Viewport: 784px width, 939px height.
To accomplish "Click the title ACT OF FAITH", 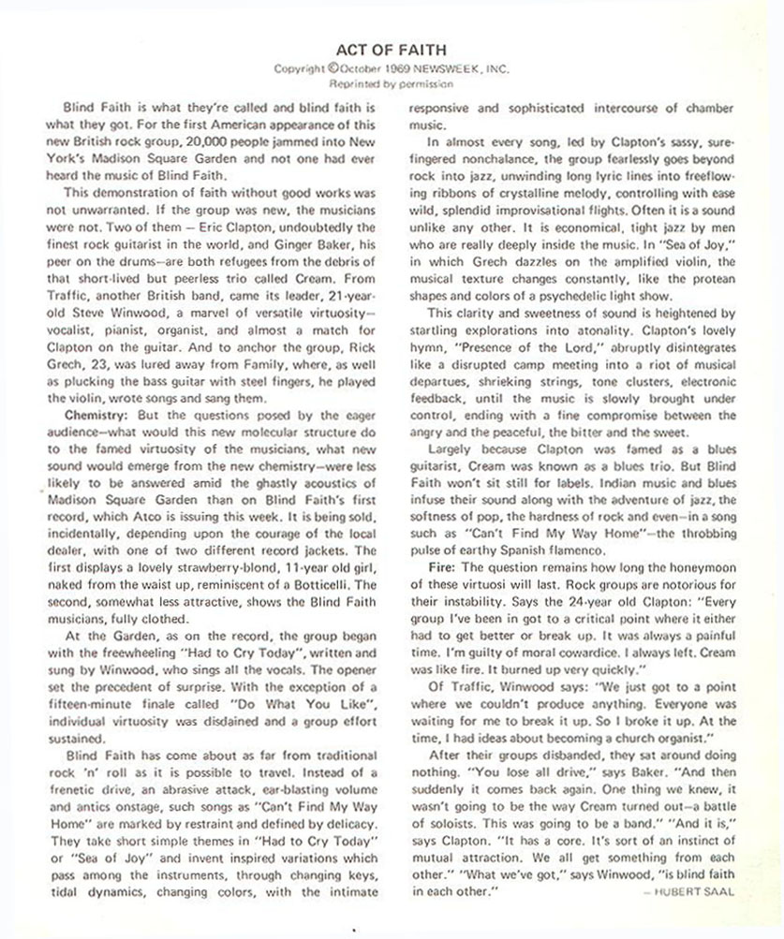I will (392, 50).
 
